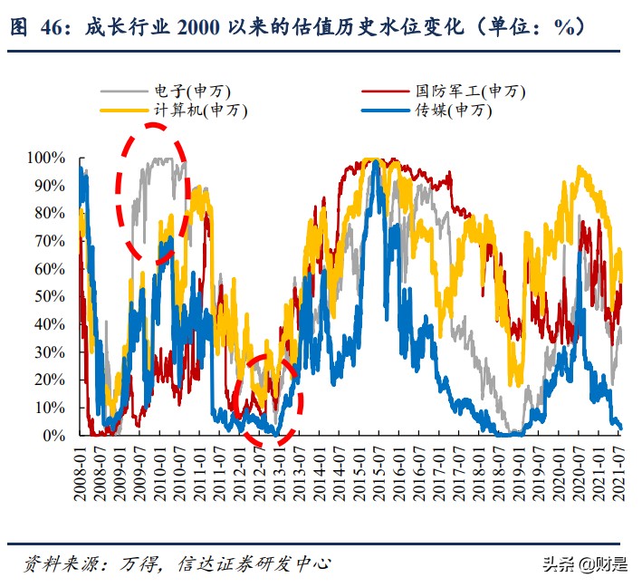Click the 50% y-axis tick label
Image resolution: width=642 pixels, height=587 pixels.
(50, 296)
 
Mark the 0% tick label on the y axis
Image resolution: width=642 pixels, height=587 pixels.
(54, 436)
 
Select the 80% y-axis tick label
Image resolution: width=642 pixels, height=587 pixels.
(50, 213)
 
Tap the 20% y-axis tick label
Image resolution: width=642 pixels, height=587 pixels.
(50, 380)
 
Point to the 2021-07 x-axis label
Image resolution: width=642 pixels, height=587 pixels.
(621, 471)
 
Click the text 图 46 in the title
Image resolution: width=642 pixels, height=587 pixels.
(42, 27)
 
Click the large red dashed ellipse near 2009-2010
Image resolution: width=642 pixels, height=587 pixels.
(151, 194)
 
